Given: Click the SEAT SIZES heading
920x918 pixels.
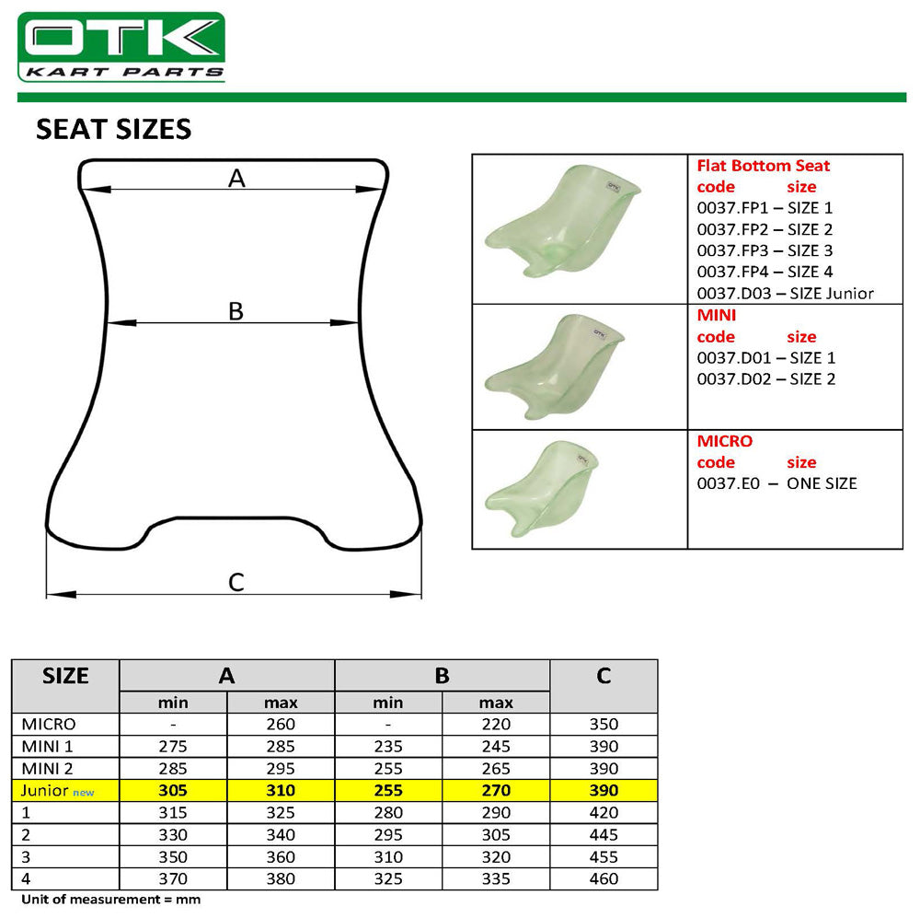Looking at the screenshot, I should (x=113, y=129).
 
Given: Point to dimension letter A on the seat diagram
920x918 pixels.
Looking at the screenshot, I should (x=236, y=179).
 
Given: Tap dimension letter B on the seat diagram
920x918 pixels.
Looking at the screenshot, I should (x=236, y=311).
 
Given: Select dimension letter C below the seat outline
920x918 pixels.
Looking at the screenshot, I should (x=236, y=582).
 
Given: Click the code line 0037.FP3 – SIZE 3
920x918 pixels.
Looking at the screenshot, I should (x=765, y=250).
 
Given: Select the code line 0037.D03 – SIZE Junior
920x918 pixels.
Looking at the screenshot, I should (x=785, y=294).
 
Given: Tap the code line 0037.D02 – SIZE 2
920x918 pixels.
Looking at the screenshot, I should (x=765, y=378).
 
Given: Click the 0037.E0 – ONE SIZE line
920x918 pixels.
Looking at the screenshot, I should (x=776, y=483).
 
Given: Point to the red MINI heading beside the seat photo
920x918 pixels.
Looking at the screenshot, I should (x=717, y=315).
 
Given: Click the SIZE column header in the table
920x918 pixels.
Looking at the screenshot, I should (x=65, y=676).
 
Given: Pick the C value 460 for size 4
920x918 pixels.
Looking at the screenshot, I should (x=603, y=879).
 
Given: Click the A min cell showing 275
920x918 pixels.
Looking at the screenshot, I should (x=173, y=746).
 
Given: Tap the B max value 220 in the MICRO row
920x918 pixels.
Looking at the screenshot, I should (x=496, y=724).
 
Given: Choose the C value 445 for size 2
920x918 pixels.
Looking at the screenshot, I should (x=603, y=834).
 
